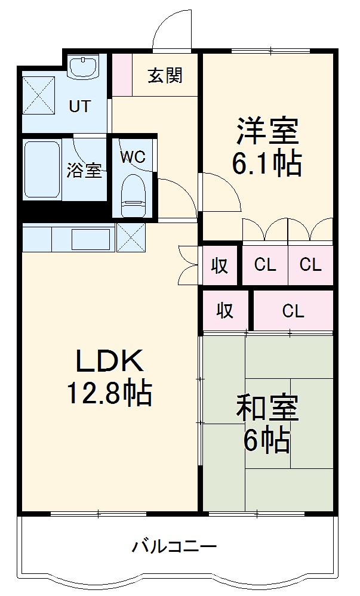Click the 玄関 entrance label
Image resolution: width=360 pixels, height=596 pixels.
pos(165,76)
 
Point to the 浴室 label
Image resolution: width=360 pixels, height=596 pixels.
pos(84,171)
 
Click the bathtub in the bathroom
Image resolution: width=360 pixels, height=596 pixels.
pos(42,170)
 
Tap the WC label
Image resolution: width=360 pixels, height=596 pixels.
pos(133,157)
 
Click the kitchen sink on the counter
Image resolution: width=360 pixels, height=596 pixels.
pos(90,239)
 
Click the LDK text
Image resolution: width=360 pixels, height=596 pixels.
pos(109,362)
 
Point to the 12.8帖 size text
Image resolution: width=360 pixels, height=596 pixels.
pos(109,393)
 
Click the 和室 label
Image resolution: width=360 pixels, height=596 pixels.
pos(267,410)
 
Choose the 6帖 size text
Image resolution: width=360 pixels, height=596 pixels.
pos(267,441)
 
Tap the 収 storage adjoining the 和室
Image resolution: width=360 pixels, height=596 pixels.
pos(224,310)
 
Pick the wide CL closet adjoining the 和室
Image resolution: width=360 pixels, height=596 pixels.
pos(293,310)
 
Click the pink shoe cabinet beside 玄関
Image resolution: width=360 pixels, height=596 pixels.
pos(122,75)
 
